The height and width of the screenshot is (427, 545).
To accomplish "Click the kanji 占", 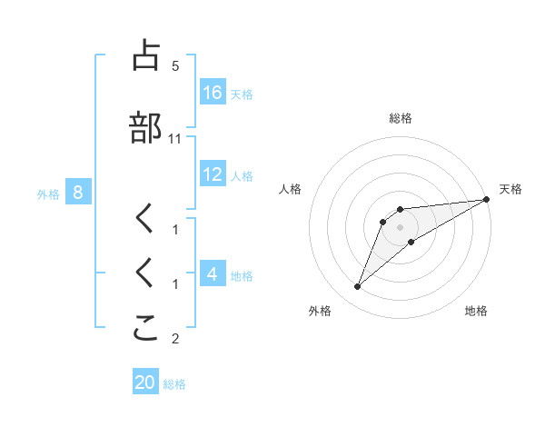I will (x=145, y=56).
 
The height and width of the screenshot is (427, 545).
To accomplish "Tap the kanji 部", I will (x=145, y=128).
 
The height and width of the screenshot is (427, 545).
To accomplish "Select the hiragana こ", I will (x=145, y=329).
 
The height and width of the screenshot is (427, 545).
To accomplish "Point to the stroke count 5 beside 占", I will (x=175, y=66).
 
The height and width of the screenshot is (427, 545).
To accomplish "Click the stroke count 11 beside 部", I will (x=175, y=139).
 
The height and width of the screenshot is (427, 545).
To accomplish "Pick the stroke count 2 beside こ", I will (x=175, y=340).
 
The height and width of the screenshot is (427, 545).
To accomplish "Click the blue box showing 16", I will (x=213, y=93).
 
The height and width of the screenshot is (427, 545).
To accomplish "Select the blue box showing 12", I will (x=213, y=174).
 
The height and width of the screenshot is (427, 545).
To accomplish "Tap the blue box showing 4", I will (x=213, y=273).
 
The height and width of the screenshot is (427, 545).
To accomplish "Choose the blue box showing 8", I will (x=78, y=192).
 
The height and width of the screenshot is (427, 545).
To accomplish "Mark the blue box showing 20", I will (x=145, y=382).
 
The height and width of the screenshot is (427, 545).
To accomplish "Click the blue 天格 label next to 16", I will (x=242, y=94).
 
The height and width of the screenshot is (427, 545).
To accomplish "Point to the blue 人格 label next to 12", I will (x=242, y=174).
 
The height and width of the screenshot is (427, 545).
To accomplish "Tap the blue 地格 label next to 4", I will (x=242, y=274).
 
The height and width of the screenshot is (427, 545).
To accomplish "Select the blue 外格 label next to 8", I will (x=48, y=193).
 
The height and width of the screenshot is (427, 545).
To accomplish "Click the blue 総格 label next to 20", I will (x=174, y=383).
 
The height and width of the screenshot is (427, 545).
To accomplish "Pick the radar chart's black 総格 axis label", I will (x=401, y=118).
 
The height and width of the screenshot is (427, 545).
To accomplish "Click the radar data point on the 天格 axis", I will (x=487, y=200).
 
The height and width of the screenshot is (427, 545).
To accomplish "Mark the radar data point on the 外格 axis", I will (x=357, y=287).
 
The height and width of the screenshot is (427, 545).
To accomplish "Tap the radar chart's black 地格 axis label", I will (x=476, y=311).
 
